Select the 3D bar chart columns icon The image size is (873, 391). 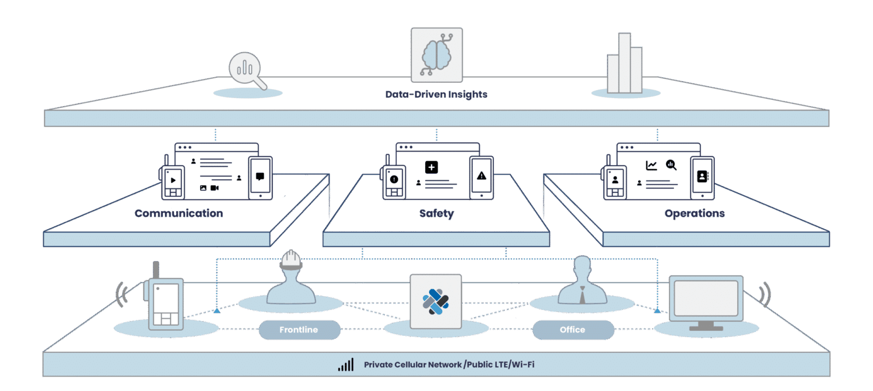625,64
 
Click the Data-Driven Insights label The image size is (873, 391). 436,94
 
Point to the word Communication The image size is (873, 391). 178,213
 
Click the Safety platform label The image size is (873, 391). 436,213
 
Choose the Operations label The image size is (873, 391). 694,213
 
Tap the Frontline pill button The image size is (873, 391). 298,330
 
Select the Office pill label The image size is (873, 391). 572,330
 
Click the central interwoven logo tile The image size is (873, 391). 436,301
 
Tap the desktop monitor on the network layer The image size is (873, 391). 705,299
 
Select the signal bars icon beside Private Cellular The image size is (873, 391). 345,365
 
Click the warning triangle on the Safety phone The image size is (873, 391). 481,176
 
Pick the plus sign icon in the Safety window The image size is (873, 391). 431,167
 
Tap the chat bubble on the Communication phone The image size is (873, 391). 260,176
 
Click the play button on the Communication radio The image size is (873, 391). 173,180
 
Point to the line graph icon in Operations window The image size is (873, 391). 651,165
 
